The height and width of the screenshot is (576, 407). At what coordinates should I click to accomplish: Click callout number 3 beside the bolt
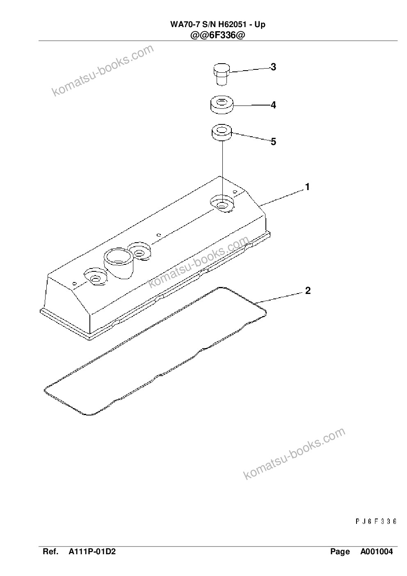click(273, 67)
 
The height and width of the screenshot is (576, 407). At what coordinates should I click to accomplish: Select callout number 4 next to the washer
click(273, 105)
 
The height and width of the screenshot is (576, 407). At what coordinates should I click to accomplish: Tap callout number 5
click(273, 142)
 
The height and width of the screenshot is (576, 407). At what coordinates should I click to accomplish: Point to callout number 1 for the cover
click(307, 187)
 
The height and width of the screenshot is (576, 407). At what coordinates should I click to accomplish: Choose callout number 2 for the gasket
click(308, 291)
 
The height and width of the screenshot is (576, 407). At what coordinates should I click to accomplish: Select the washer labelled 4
click(222, 105)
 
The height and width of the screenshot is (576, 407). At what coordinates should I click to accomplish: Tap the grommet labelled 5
click(222, 133)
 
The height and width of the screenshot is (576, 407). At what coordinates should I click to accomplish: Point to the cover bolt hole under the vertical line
click(222, 205)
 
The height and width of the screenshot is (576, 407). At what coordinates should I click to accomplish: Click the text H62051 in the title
click(232, 25)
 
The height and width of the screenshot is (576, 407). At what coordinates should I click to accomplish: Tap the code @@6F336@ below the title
click(217, 35)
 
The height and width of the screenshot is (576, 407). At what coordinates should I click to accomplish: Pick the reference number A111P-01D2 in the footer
click(92, 551)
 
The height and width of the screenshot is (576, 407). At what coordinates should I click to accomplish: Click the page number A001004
click(377, 551)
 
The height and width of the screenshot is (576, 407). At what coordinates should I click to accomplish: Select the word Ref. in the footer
click(50, 551)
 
